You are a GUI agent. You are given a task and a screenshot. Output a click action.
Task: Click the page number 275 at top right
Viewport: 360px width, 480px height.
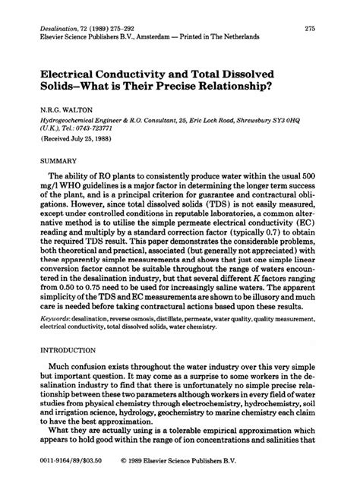point(310,28)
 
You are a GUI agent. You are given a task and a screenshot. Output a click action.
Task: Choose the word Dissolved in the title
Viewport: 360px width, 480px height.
point(243,68)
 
